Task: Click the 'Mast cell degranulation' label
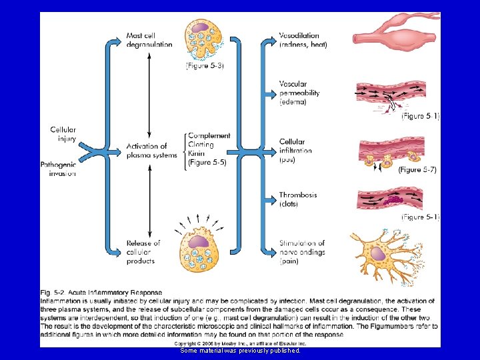[149, 40]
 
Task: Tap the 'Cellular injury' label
[63, 135]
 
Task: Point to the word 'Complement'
[209, 136]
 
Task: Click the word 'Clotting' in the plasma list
[201, 145]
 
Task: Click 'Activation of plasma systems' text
[152, 151]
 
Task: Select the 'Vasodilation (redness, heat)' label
[303, 40]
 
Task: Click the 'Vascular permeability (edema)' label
[299, 93]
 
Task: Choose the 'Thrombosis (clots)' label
[298, 199]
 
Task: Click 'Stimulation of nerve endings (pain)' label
[302, 252]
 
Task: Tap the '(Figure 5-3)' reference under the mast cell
[205, 65]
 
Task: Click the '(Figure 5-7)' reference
[417, 170]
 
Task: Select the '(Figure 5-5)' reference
[207, 162]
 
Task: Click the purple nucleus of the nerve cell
[381, 254]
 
